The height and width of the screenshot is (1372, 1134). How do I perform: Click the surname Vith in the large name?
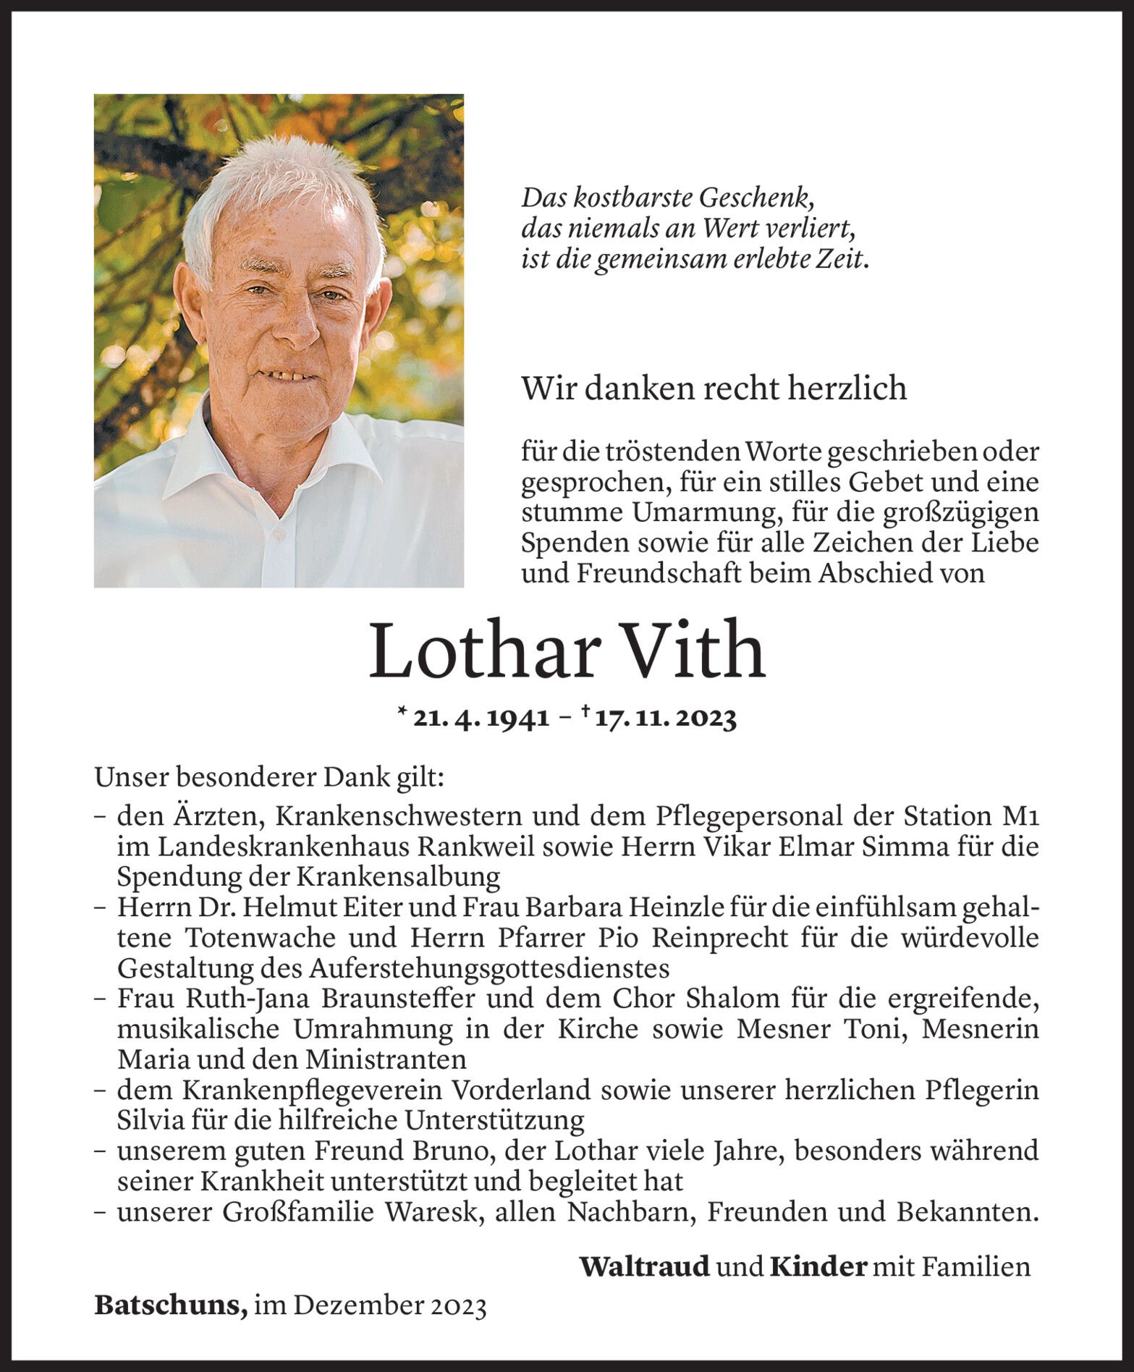coord(693,651)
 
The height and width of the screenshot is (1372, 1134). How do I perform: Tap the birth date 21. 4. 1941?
coord(481,719)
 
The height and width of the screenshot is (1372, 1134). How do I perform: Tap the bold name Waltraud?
coord(644,1266)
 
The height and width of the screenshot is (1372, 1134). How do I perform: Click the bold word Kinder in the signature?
coord(818,1266)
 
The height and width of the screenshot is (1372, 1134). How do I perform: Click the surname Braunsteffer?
coord(397,999)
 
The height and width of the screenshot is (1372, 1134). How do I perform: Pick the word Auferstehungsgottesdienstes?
coord(488,968)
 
